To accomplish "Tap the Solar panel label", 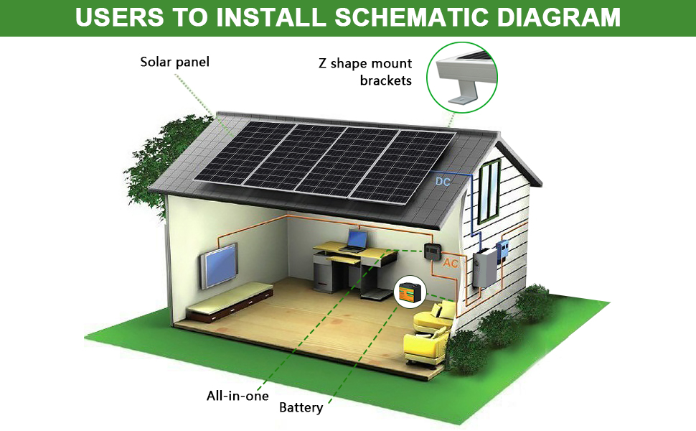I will pos(175,62).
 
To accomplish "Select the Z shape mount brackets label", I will pos(366,72).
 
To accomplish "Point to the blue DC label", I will pos(443,182).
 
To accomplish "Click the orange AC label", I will pos(451,264).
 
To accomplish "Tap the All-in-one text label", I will pos(238,396).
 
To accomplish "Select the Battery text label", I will pos(301,408).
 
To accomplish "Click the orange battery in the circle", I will pos(411,292).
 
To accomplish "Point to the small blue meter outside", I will pos(504,249).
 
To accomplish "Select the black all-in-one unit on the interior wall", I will pos(432,252).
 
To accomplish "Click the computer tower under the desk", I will pos(324,273).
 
